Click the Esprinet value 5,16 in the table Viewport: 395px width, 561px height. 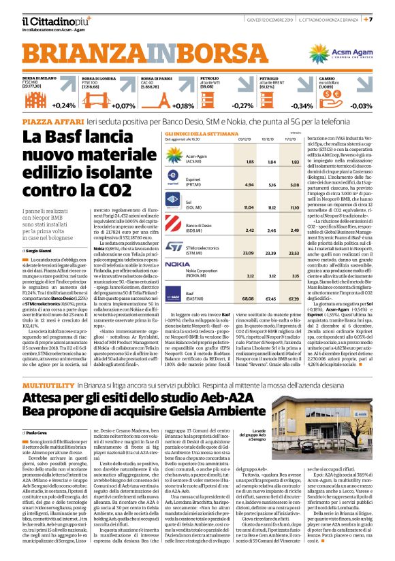click(x=256, y=184)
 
